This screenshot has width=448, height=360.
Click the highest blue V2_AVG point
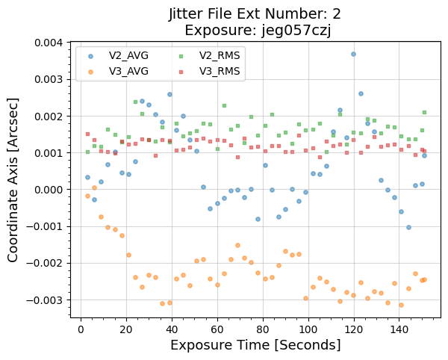coord(353,54)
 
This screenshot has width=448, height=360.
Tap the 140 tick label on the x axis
coord(399,329)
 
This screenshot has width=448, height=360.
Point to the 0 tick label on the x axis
coord(81,329)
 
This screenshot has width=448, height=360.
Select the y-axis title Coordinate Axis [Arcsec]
coord(14,180)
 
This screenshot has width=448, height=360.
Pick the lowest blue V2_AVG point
coord(408,227)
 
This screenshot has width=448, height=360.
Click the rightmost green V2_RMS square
coord(424,112)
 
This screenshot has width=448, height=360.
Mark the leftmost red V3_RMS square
coord(87,134)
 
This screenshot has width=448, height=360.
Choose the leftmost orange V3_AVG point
coord(87,196)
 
